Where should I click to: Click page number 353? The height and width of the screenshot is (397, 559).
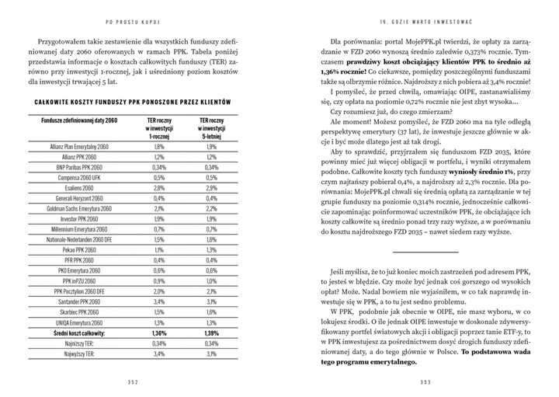click(425, 381)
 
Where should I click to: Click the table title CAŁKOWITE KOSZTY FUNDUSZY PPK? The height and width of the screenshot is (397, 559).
click(132, 102)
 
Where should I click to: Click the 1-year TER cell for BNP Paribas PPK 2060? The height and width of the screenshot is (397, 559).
click(158, 167)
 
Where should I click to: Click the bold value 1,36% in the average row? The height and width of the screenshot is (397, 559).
click(158, 333)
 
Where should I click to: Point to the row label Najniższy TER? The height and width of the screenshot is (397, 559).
click(90, 343)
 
